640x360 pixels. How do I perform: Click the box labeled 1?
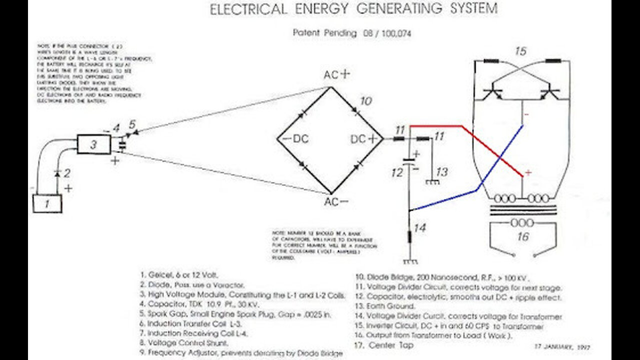pyautogui.click(x=47, y=203)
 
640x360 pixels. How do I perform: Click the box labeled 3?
pyautogui.click(x=93, y=144)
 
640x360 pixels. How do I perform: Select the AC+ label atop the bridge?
pyautogui.click(x=337, y=75)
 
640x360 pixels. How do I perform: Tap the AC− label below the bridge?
pyautogui.click(x=337, y=202)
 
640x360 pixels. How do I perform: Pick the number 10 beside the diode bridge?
pyautogui.click(x=365, y=101)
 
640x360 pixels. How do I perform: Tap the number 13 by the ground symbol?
pyautogui.click(x=442, y=172)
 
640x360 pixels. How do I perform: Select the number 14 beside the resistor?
pyautogui.click(x=420, y=228)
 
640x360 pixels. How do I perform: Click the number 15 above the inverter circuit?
pyautogui.click(x=520, y=51)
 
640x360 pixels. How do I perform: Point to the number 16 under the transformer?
pyautogui.click(x=522, y=236)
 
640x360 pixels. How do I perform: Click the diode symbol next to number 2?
pyautogui.click(x=57, y=173)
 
